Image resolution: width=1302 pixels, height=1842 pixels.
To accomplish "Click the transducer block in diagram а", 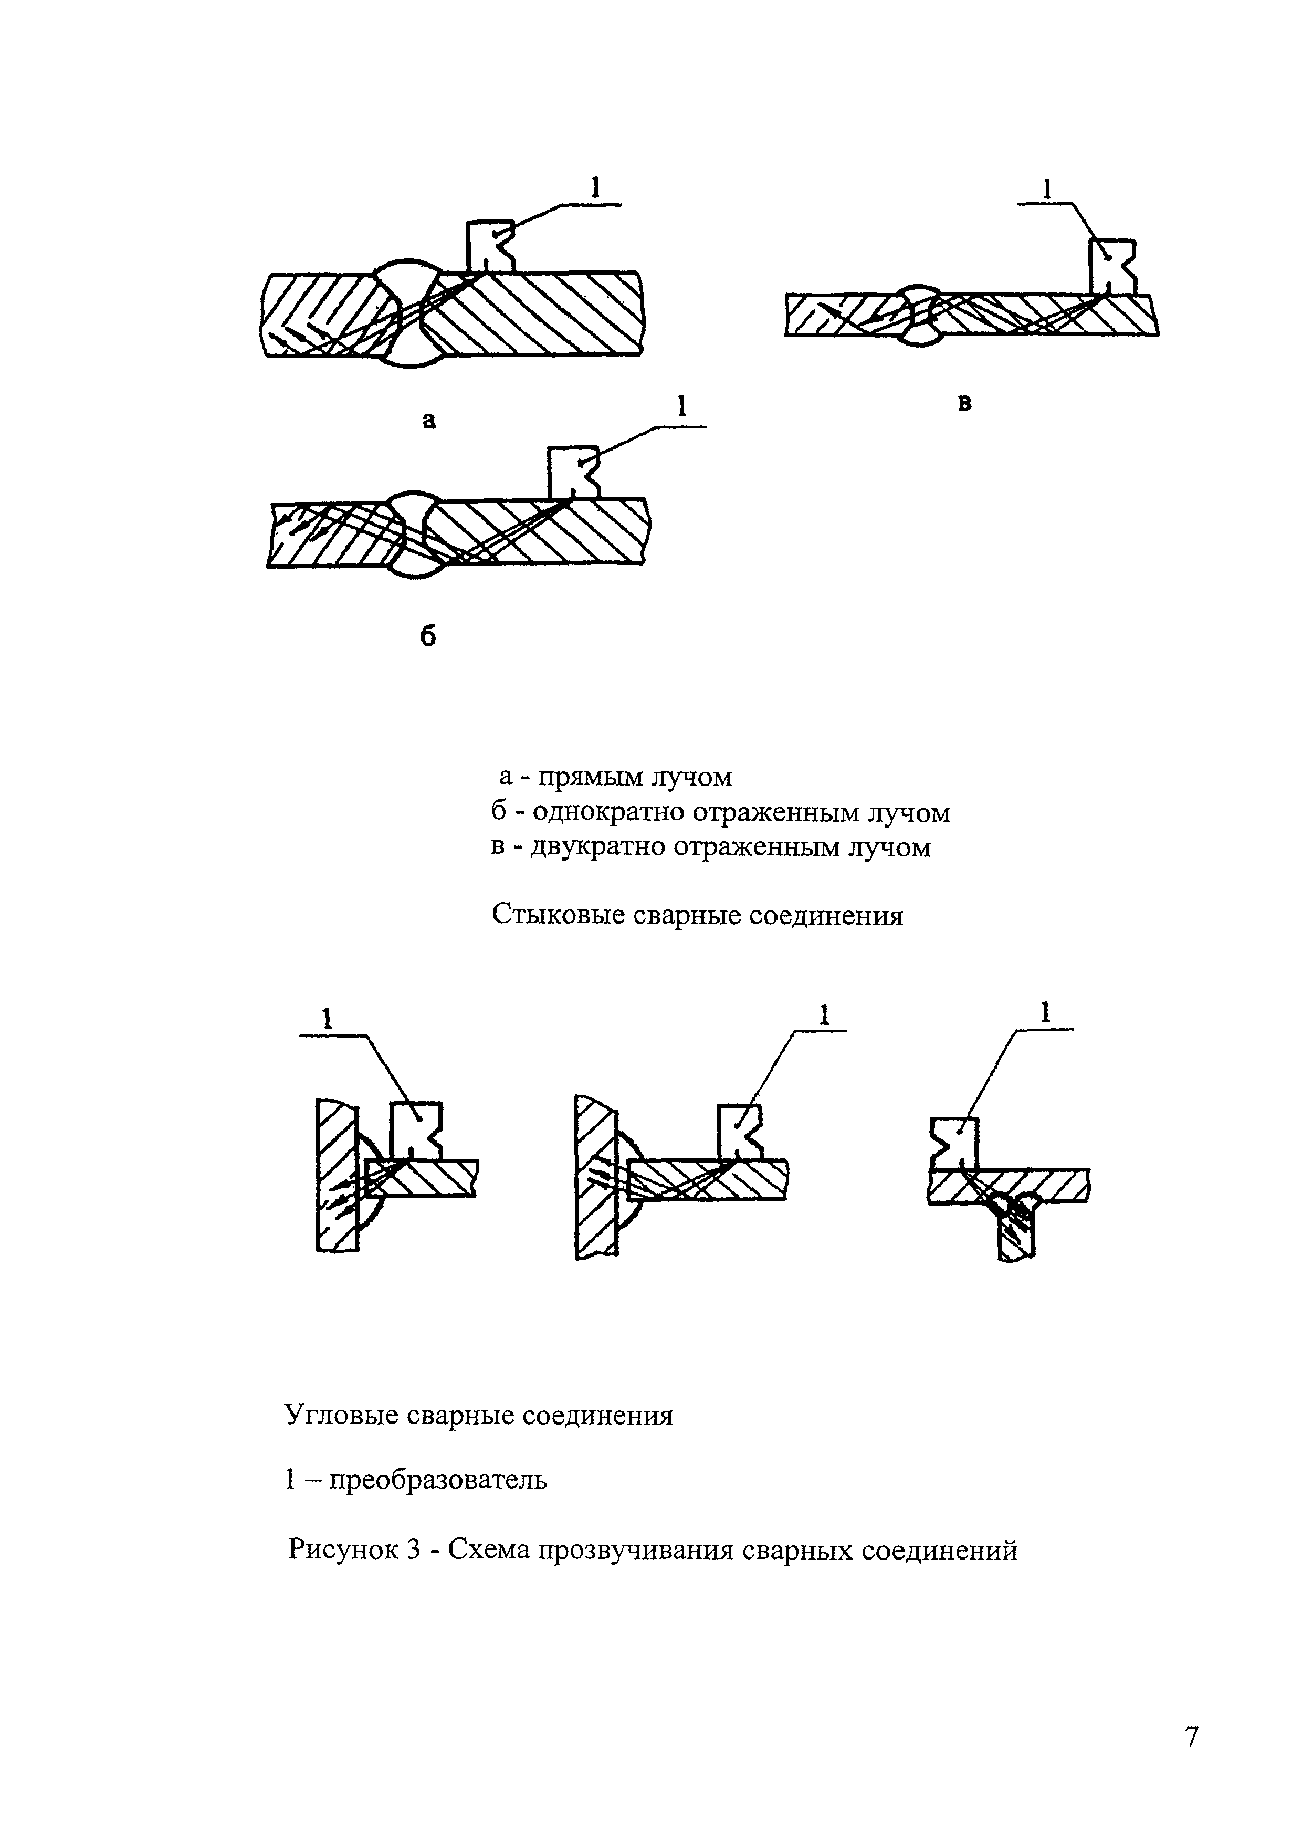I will click(x=488, y=246).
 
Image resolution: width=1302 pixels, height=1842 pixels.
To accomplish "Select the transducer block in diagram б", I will click(x=571, y=473).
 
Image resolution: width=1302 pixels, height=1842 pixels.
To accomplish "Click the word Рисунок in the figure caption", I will click(x=346, y=1550).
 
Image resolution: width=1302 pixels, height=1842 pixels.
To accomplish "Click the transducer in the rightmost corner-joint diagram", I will click(x=953, y=1143).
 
